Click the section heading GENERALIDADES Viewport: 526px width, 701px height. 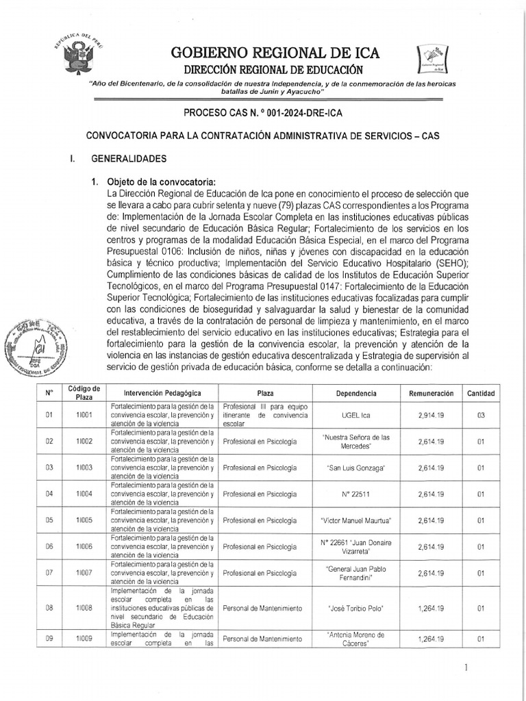tap(129, 159)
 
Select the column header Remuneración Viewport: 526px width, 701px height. tap(431, 394)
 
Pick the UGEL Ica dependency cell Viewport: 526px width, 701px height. tap(355, 415)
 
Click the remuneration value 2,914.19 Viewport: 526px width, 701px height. tap(431, 415)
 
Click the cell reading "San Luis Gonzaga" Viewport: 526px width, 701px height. tap(355, 468)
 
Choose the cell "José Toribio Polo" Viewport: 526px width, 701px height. tap(355, 609)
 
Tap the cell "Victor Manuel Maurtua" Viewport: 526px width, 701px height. tap(355, 520)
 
